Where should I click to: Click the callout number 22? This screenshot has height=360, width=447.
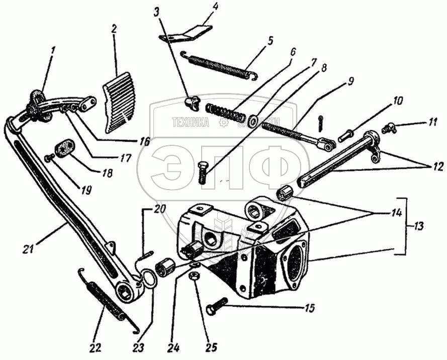click(x=95, y=348)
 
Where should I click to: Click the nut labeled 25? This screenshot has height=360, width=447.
click(x=195, y=275)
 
